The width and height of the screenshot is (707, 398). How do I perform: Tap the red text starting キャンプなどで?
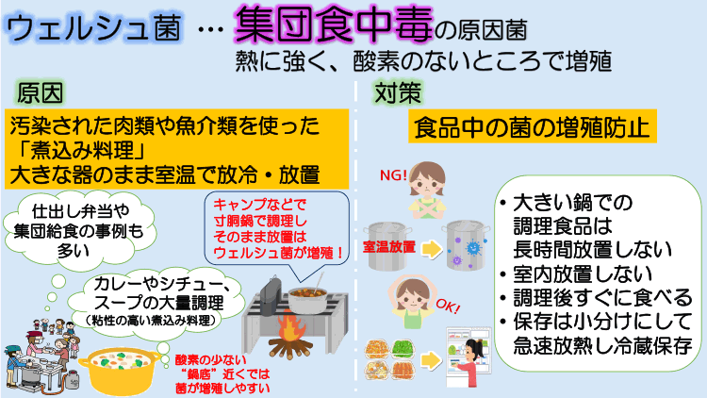point(273,227)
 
